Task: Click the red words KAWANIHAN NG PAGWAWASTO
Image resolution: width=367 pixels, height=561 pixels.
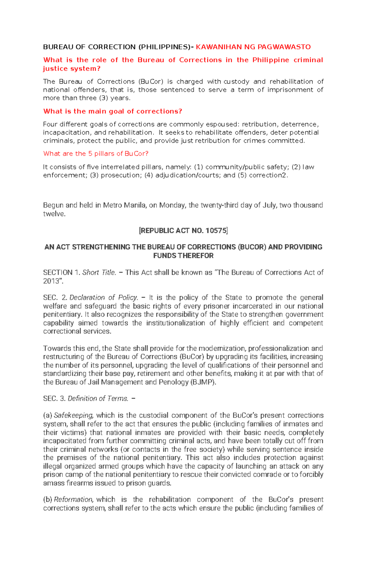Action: [x=253, y=47]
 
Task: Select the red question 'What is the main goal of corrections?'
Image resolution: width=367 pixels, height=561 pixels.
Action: [x=113, y=111]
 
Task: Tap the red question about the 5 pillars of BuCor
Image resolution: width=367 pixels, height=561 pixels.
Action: [x=96, y=153]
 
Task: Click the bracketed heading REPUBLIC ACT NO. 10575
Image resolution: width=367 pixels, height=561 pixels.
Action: [x=183, y=231]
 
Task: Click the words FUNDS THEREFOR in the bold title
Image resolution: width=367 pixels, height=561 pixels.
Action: [x=183, y=256]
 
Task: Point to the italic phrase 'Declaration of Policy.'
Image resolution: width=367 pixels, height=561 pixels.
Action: [x=104, y=297]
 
